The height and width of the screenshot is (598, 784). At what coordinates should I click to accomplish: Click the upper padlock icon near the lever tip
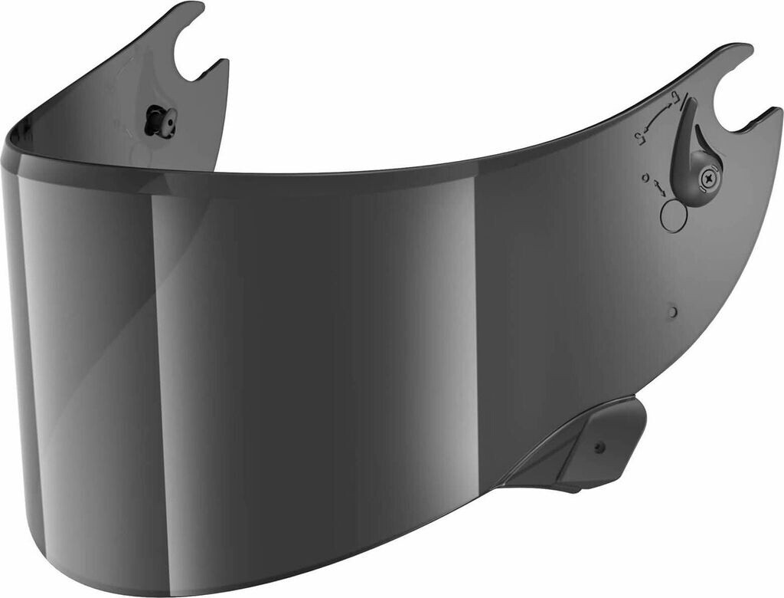coord(675,97)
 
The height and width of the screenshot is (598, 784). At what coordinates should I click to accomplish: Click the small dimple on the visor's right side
coord(671,311)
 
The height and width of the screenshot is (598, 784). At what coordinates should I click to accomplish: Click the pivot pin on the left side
coord(162,122)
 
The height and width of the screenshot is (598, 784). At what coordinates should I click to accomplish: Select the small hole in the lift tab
coord(599,448)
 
